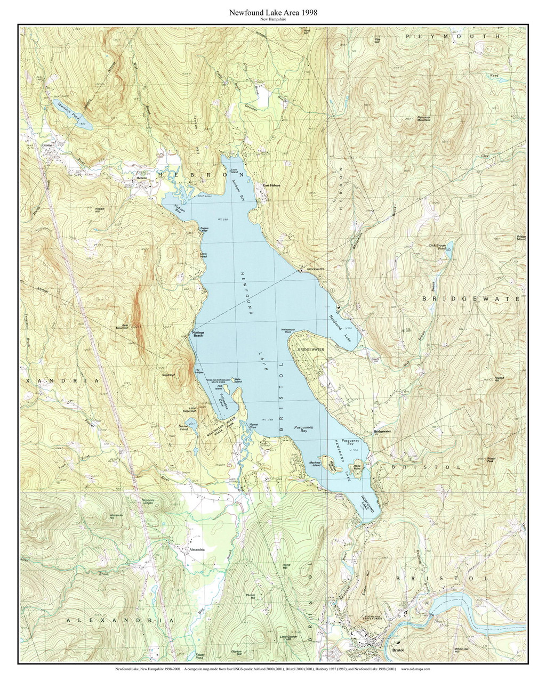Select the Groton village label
[47, 144]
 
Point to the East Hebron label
[271, 185]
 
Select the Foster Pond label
[200, 655]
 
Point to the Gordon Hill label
[237, 653]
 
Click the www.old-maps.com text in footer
[416, 668]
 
